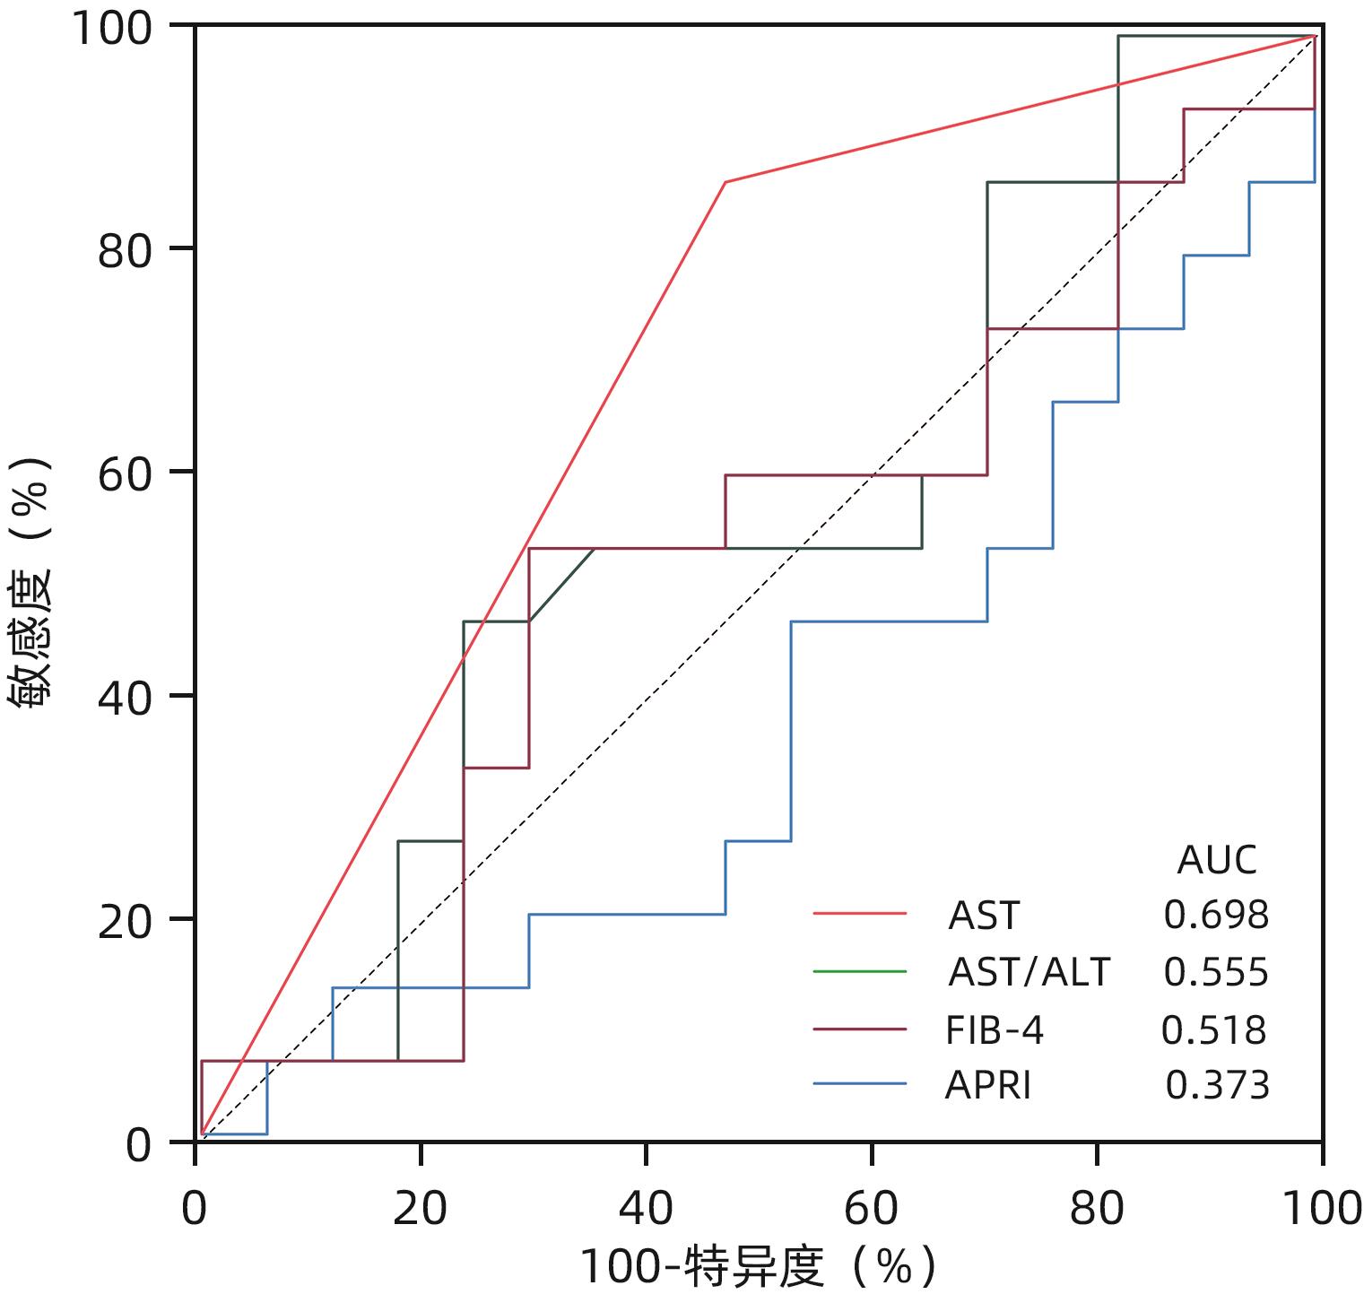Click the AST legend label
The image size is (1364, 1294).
coord(984,916)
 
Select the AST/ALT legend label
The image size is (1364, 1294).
coord(1029,972)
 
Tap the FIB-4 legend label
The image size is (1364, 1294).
coord(995,1030)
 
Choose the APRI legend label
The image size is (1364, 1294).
coord(988,1086)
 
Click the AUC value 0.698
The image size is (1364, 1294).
coord(1216,916)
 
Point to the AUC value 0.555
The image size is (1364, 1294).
coord(1216,972)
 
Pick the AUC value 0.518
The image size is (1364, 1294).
coord(1214,1030)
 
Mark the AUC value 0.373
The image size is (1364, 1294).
coord(1217,1086)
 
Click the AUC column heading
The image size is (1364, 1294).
coord(1216,860)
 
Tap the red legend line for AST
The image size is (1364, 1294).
coord(860,914)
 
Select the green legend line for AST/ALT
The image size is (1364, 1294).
coord(860,971)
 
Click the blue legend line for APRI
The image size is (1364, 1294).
coord(860,1085)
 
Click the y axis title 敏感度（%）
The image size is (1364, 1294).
coord(32,583)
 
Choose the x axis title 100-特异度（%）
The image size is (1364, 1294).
coord(758,1267)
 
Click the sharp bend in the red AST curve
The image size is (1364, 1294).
coord(725,182)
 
